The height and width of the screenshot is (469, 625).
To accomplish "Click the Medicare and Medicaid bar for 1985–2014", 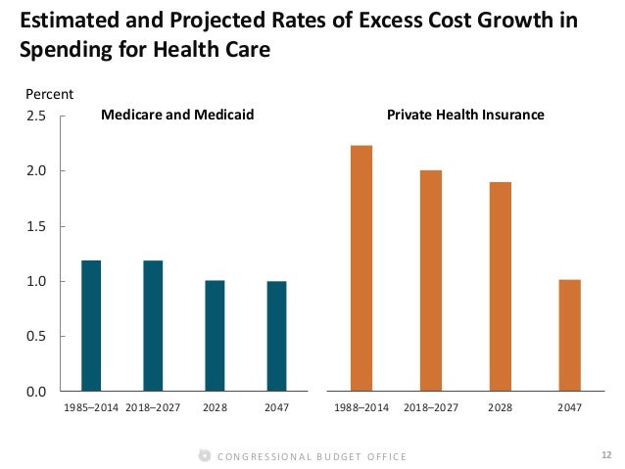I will click(91, 326).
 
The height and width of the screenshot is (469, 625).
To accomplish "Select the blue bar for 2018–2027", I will click(153, 326).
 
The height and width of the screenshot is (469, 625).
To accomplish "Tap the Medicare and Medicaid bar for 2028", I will click(215, 336).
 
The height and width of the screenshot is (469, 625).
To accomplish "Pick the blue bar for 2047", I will click(277, 336).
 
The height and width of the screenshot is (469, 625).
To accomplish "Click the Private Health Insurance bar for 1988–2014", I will click(361, 268).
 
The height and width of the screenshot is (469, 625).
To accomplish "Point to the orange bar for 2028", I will click(501, 287).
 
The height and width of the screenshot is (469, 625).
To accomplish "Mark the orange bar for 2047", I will click(570, 336).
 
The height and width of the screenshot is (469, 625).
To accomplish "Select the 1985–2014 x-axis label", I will click(91, 406).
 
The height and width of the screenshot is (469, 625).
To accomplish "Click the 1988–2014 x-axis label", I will click(361, 406).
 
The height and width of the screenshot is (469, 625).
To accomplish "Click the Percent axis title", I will click(45, 94).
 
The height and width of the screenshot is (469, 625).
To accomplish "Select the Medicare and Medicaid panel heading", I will click(177, 116).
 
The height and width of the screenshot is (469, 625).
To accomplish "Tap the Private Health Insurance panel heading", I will click(465, 116).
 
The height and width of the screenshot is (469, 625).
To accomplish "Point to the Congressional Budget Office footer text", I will click(311, 456).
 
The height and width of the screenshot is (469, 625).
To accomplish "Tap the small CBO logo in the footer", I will click(203, 455).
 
